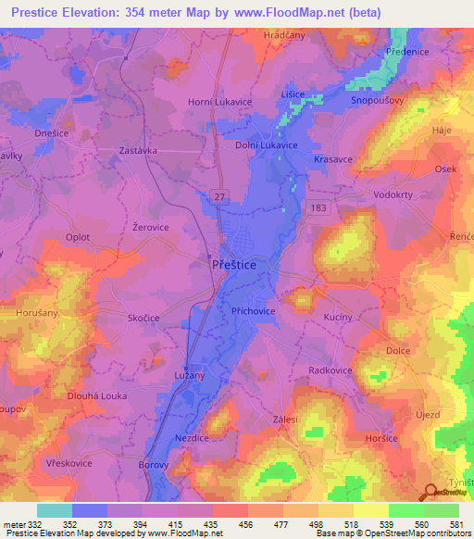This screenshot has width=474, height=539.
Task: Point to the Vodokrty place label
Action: pyautogui.click(x=394, y=182)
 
